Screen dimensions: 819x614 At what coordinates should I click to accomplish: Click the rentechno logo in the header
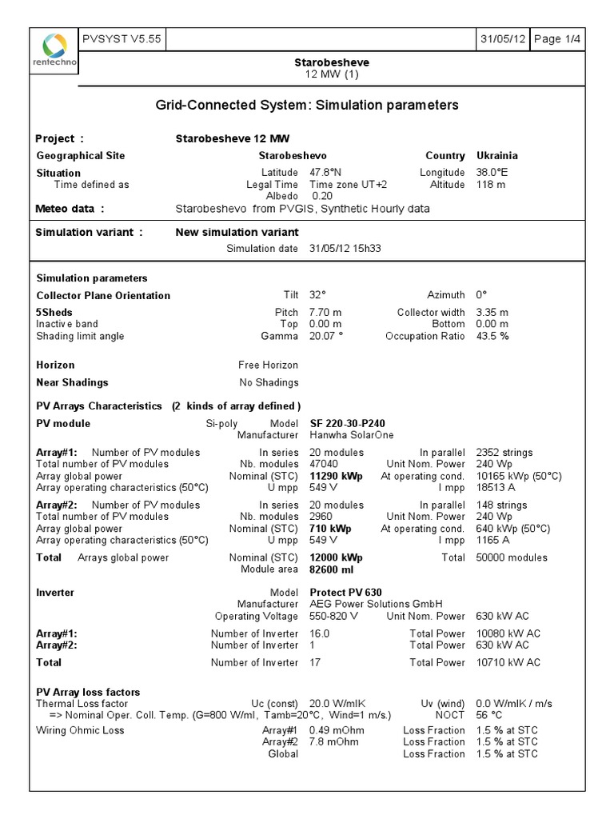pyautogui.click(x=55, y=50)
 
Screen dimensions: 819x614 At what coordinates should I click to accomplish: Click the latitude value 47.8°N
pyautogui.click(x=325, y=173)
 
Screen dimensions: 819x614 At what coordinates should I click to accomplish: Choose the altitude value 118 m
pyautogui.click(x=491, y=185)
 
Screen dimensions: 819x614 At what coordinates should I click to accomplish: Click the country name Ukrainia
pyautogui.click(x=497, y=156)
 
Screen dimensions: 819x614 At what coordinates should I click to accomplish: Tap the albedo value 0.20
pyautogui.click(x=322, y=196)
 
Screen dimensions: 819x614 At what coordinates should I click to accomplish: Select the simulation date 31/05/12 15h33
pyautogui.click(x=345, y=249)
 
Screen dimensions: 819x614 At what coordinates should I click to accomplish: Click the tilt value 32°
pyautogui.click(x=317, y=295)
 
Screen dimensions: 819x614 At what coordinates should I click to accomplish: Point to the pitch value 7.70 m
pyautogui.click(x=325, y=313)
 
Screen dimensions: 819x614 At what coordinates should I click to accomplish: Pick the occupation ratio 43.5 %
pyautogui.click(x=492, y=336)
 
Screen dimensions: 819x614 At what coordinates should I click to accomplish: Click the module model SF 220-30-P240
pyautogui.click(x=353, y=423)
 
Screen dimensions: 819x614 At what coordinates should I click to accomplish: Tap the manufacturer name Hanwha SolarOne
pyautogui.click(x=351, y=435)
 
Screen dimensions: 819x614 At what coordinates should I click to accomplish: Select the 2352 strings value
pyautogui.click(x=501, y=453)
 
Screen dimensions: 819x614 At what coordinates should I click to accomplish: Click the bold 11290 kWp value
pyautogui.click(x=336, y=476)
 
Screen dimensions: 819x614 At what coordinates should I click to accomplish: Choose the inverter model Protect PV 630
pyautogui.click(x=345, y=593)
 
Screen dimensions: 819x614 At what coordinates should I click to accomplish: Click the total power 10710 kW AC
pyautogui.click(x=508, y=662)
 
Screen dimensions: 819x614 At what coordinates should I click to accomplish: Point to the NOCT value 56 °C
pyautogui.click(x=489, y=715)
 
